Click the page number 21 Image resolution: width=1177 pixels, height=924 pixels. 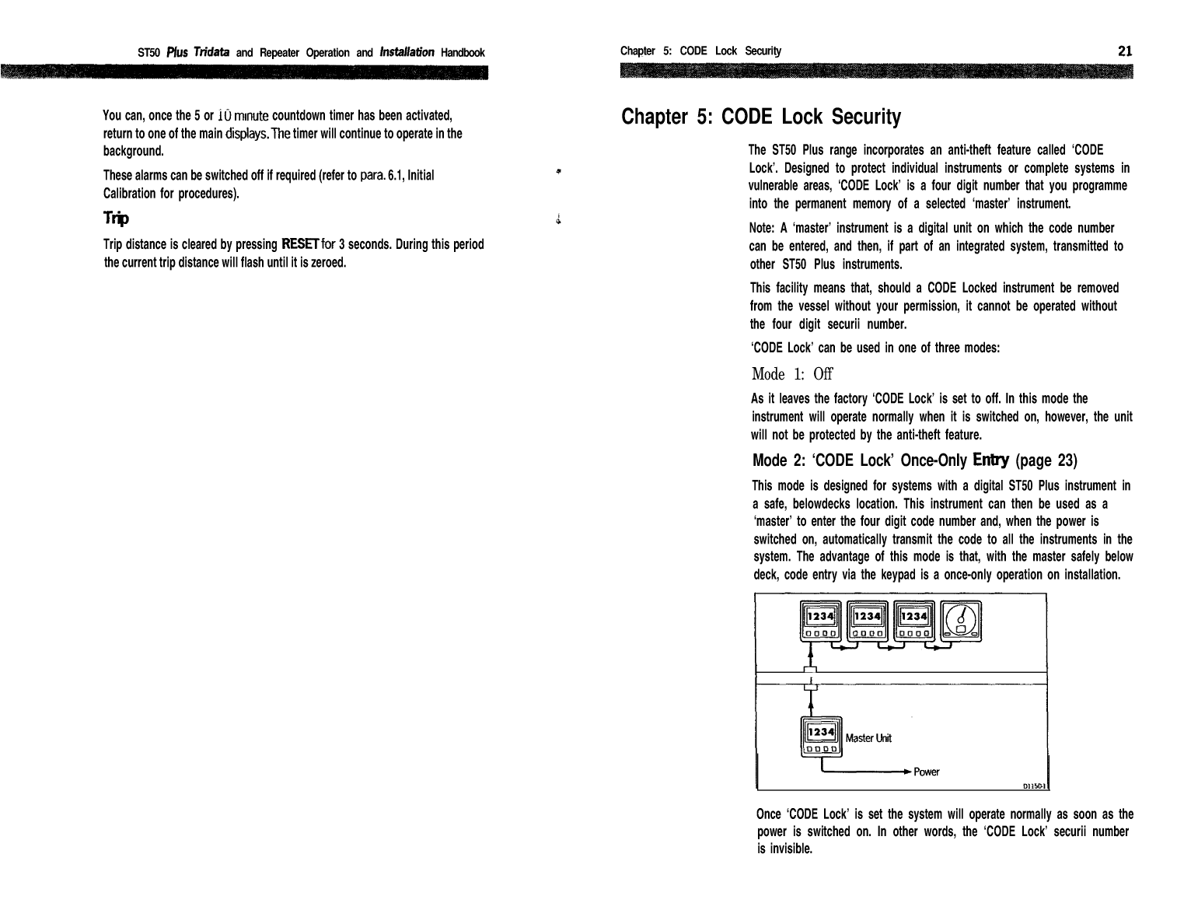pyautogui.click(x=1124, y=51)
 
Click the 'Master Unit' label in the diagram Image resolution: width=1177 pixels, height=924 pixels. pyautogui.click(x=868, y=738)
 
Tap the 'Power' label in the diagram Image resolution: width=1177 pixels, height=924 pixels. pyautogui.click(x=927, y=772)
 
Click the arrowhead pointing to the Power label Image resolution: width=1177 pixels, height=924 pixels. pyautogui.click(x=906, y=772)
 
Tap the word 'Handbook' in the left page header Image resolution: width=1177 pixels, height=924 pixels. pyautogui.click(x=463, y=53)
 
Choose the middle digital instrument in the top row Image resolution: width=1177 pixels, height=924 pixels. pyautogui.click(x=867, y=623)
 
